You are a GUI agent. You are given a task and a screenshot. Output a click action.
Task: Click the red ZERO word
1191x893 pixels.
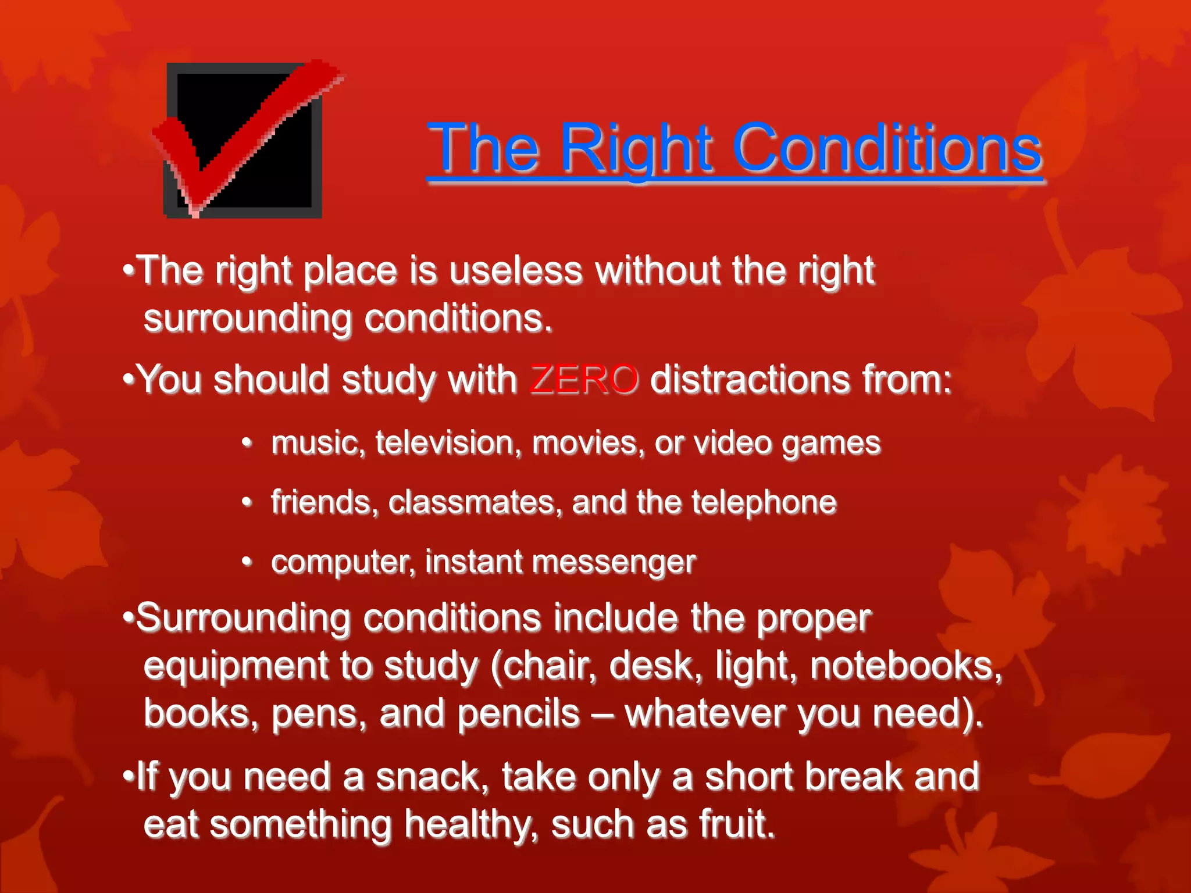click(x=584, y=380)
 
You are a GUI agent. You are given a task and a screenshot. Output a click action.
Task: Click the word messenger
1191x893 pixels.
click(x=614, y=562)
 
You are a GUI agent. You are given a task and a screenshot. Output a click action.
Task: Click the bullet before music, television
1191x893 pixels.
click(x=247, y=443)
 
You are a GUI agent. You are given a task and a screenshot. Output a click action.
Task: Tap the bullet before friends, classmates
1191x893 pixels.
click(x=247, y=502)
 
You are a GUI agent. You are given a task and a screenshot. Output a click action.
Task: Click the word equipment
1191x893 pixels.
click(x=236, y=666)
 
